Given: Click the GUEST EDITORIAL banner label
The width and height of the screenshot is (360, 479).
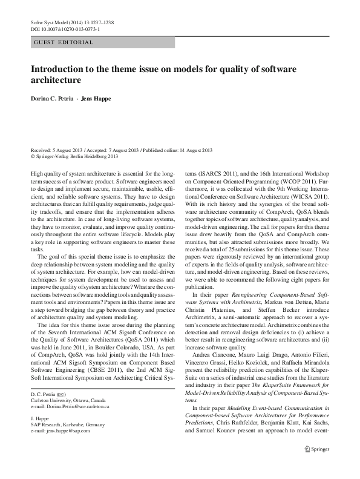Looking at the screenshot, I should [63, 42].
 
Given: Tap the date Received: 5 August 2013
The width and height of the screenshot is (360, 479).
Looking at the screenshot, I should [57, 150].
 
